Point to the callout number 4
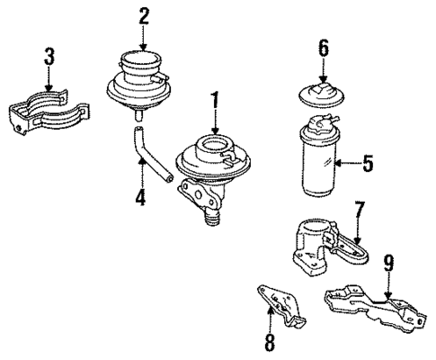tap(140, 195)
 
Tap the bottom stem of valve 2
tap(138, 114)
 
